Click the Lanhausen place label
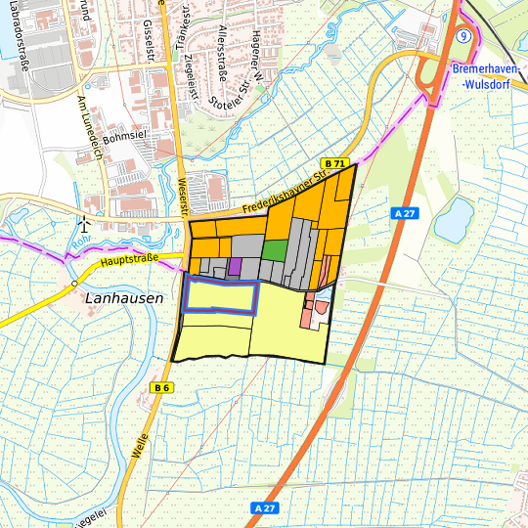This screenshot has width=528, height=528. [x=124, y=298]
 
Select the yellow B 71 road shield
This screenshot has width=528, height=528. [x=335, y=162]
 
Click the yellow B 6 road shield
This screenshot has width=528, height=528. [x=162, y=388]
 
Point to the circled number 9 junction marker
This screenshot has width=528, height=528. [x=465, y=35]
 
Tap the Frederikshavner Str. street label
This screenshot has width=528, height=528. [x=284, y=191]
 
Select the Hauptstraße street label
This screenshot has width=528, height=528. [x=127, y=262]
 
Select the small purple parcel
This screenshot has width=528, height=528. [x=235, y=266]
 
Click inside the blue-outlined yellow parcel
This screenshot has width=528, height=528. [x=221, y=295]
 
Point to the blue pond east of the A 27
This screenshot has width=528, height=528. [x=453, y=219]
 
